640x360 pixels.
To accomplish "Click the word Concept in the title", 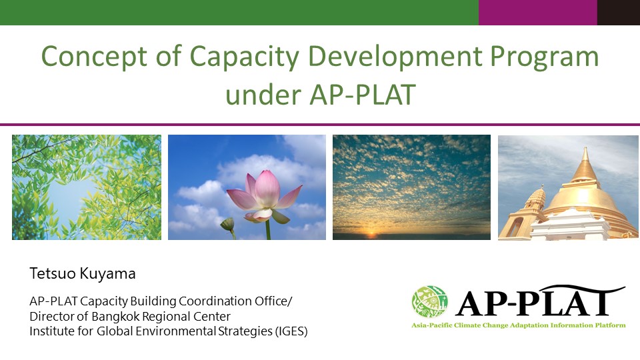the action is tap(94, 56).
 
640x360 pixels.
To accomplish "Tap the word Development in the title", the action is tap(395, 56).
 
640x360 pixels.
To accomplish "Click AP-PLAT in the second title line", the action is tap(363, 95).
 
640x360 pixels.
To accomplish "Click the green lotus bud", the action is tap(228, 224).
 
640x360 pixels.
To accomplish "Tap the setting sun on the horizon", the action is tap(371, 234).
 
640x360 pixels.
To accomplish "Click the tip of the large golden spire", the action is tap(585, 148).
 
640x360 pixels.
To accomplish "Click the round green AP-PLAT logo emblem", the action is tap(429, 302).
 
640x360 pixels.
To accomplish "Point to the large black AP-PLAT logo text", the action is tap(539, 301).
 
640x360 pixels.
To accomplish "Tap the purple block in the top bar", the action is tap(538, 12).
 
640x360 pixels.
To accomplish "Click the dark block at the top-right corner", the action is tap(619, 12).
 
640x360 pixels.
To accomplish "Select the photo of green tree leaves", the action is tap(87, 187).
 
